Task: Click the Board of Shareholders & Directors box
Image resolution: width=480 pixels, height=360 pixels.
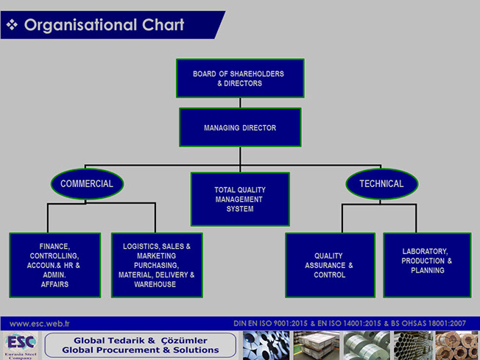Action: tap(239, 78)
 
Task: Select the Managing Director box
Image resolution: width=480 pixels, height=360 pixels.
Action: tap(240, 127)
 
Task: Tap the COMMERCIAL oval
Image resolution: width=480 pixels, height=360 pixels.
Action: tap(87, 184)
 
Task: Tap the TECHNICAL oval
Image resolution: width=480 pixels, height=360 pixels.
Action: tap(381, 184)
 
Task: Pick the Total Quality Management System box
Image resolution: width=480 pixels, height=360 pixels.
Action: tap(240, 199)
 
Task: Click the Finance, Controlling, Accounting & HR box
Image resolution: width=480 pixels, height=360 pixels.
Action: tap(55, 264)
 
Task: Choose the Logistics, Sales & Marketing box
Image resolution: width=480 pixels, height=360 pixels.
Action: tap(157, 264)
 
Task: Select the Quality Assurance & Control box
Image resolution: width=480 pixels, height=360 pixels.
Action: tap(329, 264)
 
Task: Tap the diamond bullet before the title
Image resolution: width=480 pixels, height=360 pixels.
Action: tap(12, 25)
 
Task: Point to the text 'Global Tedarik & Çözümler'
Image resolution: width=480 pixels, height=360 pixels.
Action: tap(141, 340)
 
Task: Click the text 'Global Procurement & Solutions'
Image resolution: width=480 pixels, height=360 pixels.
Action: tap(141, 350)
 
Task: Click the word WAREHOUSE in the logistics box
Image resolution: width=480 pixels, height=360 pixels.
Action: tap(155, 284)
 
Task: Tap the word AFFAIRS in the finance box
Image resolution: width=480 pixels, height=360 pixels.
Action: tap(55, 284)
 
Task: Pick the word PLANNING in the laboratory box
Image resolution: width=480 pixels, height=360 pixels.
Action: tap(428, 270)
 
